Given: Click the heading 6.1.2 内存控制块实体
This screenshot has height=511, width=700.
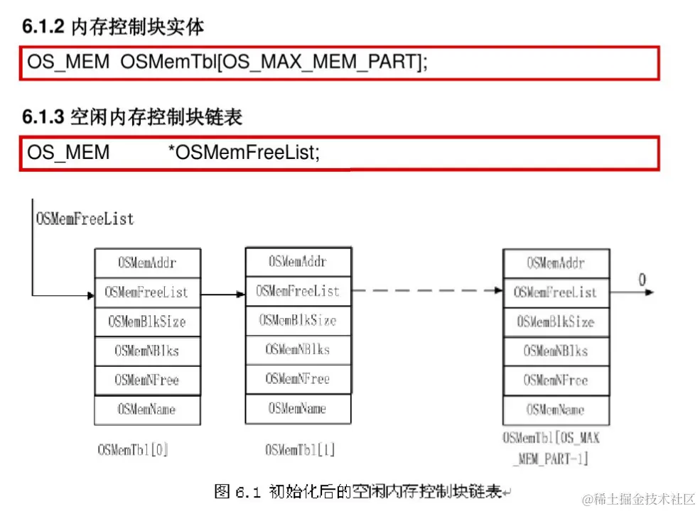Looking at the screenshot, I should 113,27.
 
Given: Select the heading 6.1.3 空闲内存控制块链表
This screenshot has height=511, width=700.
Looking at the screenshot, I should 132,116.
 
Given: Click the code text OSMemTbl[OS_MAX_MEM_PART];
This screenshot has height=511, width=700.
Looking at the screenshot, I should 274,62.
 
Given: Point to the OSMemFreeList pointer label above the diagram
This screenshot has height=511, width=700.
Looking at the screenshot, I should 85,219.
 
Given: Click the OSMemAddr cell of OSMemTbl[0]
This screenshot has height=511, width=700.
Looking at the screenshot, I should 147,263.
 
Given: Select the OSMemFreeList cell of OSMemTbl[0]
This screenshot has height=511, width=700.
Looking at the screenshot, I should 147,292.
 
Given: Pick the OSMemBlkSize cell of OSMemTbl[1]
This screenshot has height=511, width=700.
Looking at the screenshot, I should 298,320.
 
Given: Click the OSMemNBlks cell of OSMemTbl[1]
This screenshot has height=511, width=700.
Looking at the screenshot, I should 298,349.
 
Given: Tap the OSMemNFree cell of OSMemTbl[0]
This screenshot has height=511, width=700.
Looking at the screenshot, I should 147,380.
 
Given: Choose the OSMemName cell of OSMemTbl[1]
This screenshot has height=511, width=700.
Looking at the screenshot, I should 298,408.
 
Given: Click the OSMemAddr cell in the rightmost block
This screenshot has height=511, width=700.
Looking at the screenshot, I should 556,263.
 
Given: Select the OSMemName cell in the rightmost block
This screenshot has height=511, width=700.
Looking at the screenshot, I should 556,410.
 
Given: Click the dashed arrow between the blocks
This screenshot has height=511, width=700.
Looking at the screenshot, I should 426,290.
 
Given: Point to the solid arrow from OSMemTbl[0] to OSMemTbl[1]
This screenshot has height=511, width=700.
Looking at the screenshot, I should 222,292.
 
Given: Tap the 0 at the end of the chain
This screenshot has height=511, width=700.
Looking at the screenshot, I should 642,280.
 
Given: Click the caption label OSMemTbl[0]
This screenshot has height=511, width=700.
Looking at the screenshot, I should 133,449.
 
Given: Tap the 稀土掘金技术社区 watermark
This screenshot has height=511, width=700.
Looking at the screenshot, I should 637,498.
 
